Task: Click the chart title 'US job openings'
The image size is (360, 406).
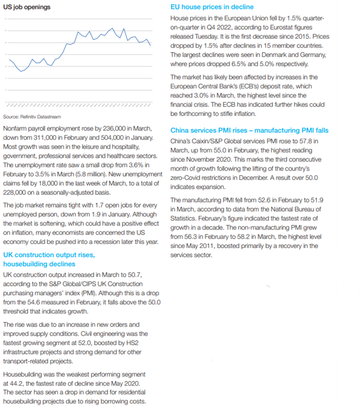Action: (x=26, y=7)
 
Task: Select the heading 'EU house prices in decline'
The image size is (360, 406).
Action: (x=212, y=7)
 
